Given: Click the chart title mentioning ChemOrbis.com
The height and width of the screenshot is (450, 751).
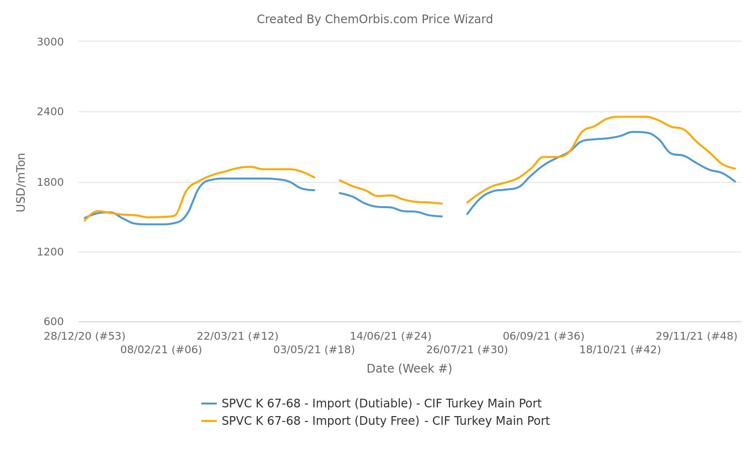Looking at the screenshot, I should (375, 19).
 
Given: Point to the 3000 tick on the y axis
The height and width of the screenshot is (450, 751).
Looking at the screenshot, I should (50, 42).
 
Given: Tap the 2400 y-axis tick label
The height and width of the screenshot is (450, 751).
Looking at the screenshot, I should (50, 112).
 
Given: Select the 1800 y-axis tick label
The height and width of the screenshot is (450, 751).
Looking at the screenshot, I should (50, 182).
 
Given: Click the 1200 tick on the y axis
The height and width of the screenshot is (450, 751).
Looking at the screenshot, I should (50, 252).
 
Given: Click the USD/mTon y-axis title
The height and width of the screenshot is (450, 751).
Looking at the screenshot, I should (21, 182).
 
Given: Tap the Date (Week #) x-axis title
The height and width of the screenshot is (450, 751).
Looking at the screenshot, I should (409, 369).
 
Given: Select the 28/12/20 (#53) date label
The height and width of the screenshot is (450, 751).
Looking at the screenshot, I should (85, 336).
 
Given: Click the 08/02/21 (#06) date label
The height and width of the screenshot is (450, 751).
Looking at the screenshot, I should (161, 349).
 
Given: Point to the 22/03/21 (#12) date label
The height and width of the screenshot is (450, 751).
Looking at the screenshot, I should (238, 336).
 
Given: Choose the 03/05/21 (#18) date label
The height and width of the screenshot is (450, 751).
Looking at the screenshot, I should (314, 349).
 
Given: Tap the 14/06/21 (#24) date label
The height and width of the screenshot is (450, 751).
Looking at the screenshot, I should (391, 336).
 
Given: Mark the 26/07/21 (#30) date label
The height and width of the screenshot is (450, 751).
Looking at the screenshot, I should (467, 349).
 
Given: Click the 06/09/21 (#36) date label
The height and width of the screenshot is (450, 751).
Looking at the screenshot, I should (543, 336).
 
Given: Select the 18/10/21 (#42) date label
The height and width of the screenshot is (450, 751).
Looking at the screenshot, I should (620, 349).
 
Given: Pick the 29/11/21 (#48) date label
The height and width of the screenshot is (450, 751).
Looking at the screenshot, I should (696, 336).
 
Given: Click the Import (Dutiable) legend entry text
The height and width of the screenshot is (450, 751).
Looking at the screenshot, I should (381, 404).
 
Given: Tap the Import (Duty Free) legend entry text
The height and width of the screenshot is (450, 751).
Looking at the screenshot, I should (385, 421).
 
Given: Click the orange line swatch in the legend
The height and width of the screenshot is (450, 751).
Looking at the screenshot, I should (209, 421).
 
